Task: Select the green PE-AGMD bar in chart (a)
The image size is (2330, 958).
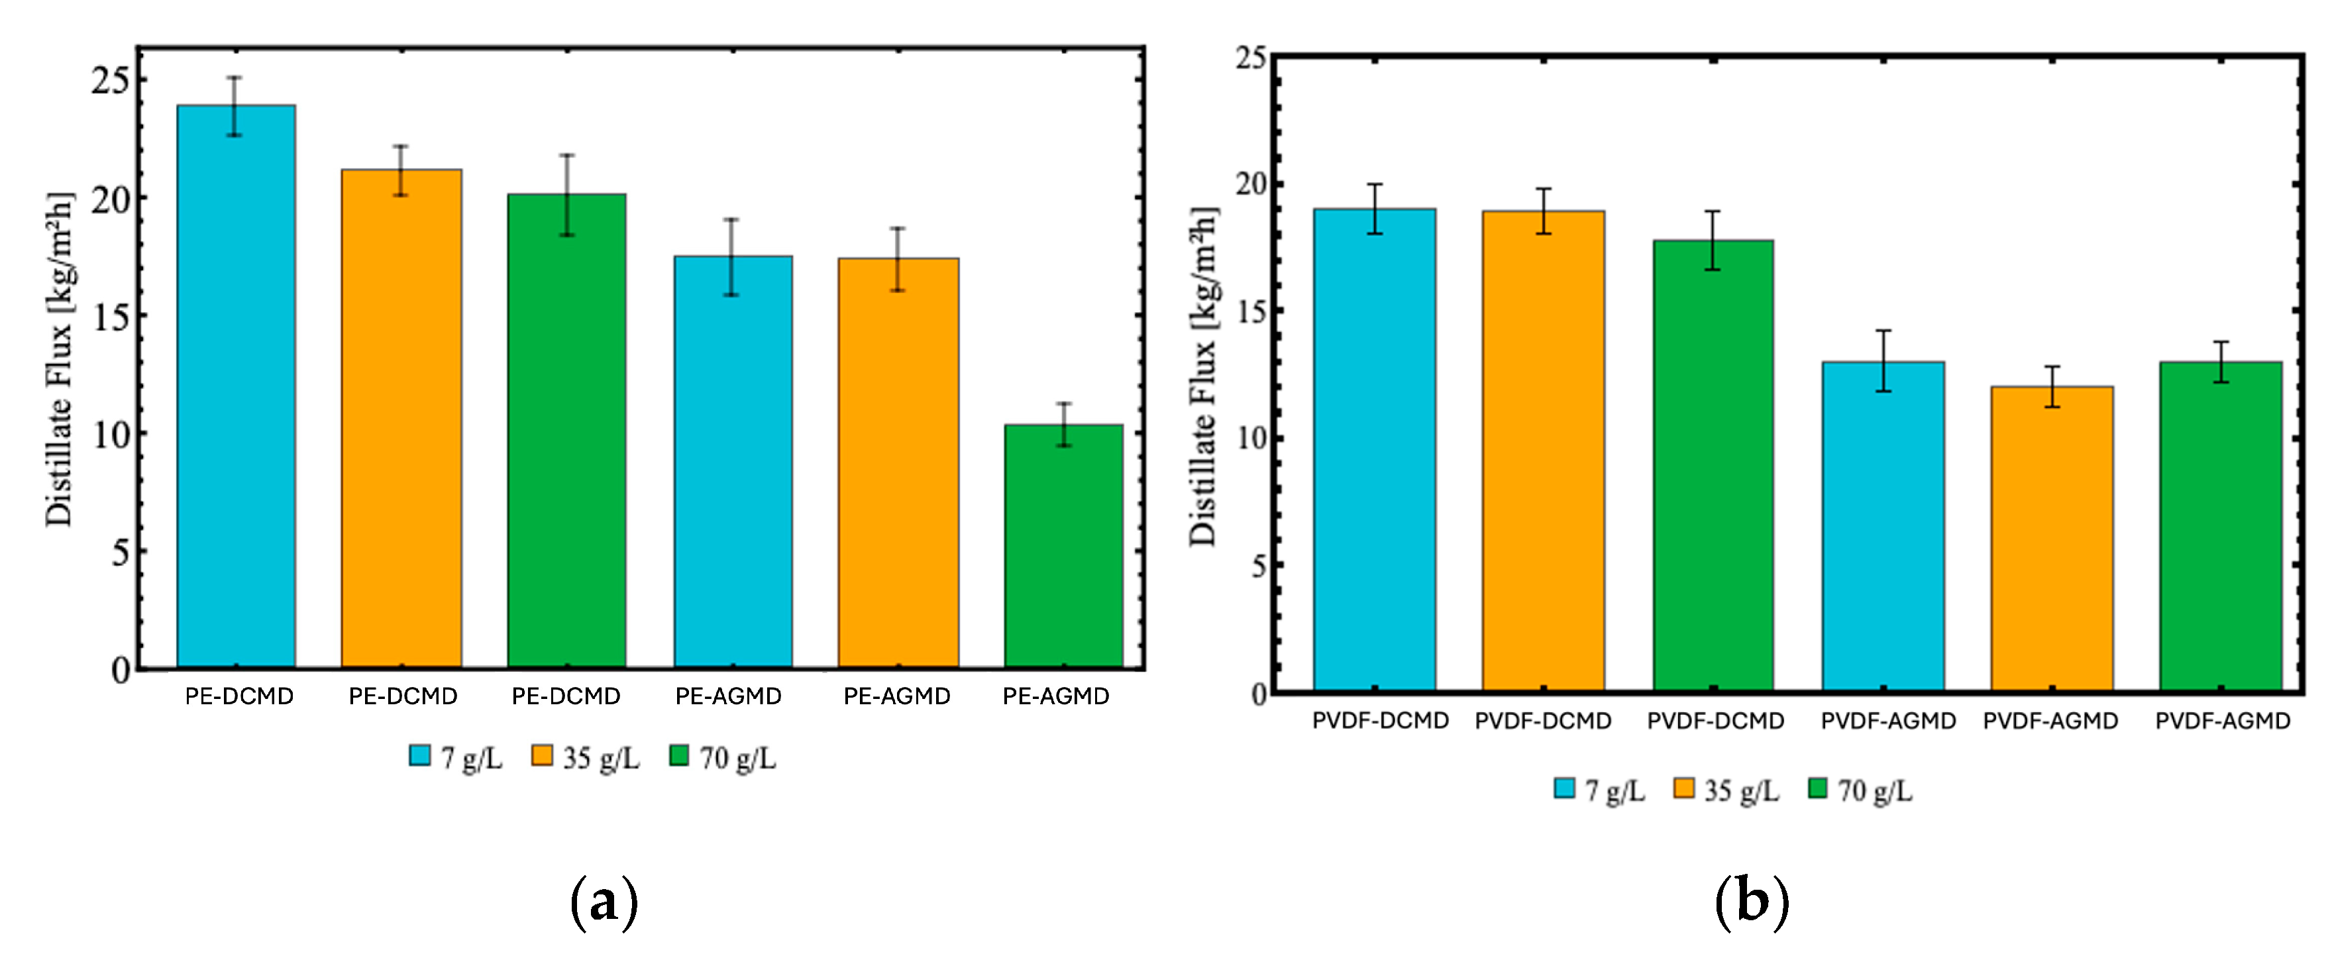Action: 1064,547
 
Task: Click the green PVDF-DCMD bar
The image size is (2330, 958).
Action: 1713,466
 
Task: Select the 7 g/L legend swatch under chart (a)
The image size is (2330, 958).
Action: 419,755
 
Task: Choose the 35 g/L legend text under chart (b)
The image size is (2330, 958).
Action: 1741,790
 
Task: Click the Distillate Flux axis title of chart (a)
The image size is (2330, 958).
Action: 59,358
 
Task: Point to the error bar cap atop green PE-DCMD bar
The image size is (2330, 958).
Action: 567,156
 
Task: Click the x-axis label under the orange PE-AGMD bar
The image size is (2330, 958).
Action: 896,696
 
